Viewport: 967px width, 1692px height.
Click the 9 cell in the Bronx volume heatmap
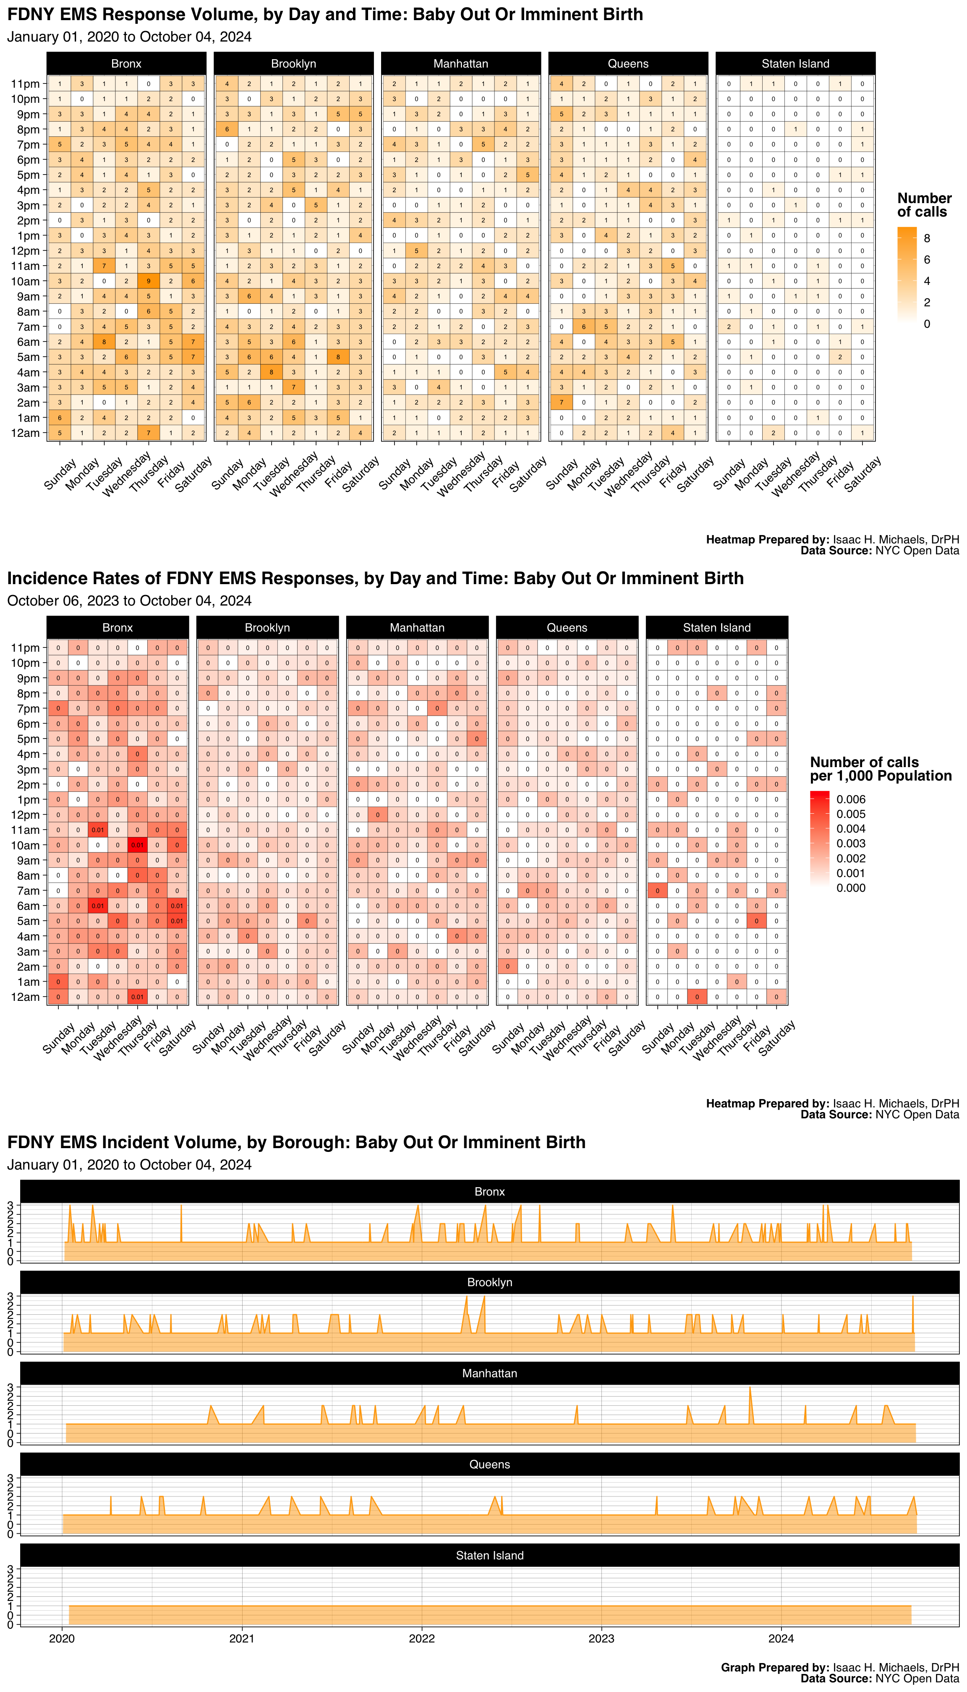pos(149,281)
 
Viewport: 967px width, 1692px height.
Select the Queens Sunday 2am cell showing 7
pos(561,402)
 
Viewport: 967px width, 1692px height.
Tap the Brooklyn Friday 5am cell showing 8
pos(338,357)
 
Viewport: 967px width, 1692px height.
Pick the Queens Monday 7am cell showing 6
pos(584,327)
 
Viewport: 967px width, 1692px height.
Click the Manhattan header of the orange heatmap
pos(461,64)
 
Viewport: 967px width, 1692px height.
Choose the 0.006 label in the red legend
pos(851,799)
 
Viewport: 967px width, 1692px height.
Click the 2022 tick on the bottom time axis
pos(422,1638)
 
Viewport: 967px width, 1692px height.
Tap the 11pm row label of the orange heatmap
pos(25,84)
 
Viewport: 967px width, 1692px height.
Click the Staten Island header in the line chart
pos(489,1555)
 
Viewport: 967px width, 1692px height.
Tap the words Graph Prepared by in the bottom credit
pos(774,1667)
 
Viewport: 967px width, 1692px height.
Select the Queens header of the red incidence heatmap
pos(567,627)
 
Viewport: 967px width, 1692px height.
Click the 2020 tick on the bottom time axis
pos(63,1638)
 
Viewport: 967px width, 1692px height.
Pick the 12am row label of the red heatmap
pos(25,997)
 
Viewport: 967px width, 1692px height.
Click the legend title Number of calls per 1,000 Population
pos(880,769)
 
